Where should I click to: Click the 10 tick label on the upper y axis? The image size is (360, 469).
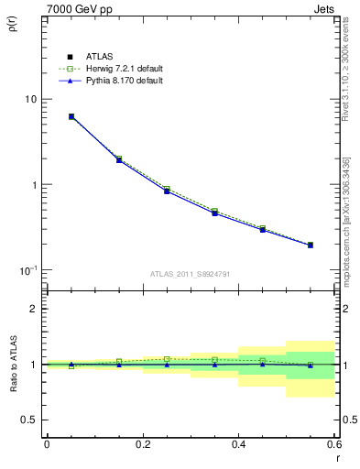[x=30, y=99]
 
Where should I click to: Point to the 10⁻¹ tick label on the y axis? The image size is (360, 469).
[x=28, y=270]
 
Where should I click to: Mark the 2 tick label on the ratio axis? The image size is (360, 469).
[x=34, y=309]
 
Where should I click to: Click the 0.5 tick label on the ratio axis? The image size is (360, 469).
[x=29, y=420]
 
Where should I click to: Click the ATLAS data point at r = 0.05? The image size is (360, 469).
[x=71, y=116]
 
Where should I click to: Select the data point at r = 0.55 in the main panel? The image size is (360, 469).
[x=311, y=245]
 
